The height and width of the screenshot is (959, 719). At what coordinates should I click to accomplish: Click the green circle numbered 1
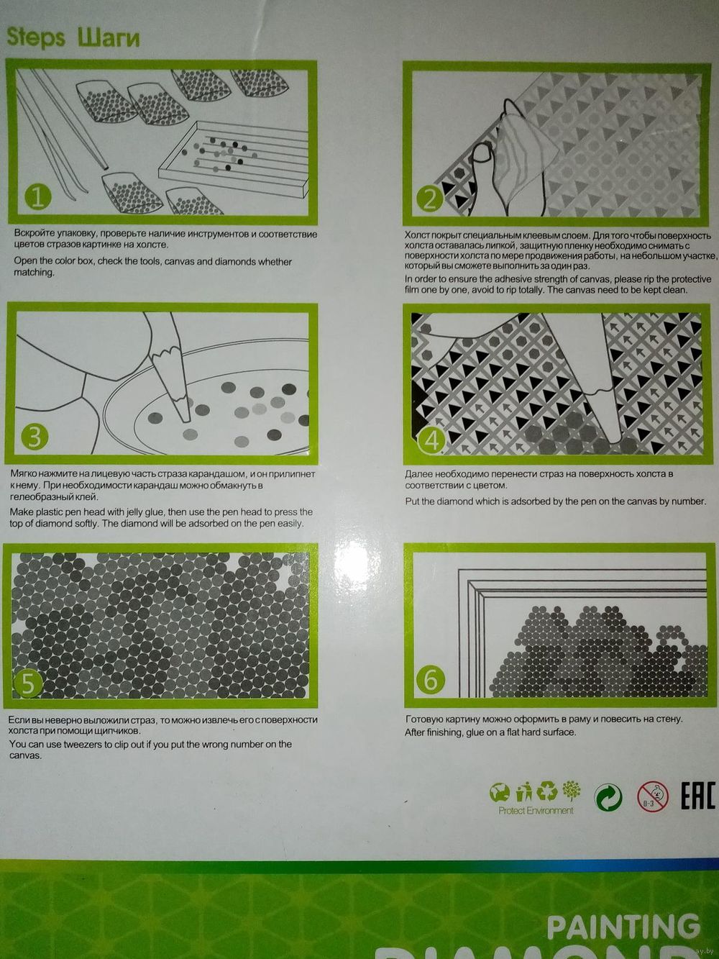tap(38, 197)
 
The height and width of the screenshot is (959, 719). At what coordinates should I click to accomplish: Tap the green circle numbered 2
tap(429, 199)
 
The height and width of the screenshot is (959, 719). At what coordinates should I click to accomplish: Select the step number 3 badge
tap(35, 437)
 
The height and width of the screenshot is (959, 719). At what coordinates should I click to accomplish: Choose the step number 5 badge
tap(27, 683)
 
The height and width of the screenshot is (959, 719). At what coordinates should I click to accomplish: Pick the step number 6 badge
tap(430, 681)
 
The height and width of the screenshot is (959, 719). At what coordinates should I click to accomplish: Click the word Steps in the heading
tap(36, 37)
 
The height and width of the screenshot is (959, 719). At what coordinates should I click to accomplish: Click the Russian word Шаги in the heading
tap(109, 37)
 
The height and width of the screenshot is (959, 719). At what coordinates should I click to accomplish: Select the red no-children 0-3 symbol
tap(653, 796)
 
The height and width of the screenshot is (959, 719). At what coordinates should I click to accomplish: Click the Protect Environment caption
tap(536, 811)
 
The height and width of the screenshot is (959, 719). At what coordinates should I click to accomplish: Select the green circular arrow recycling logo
tap(608, 796)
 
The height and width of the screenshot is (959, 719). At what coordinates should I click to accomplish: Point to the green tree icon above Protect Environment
tap(572, 791)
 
